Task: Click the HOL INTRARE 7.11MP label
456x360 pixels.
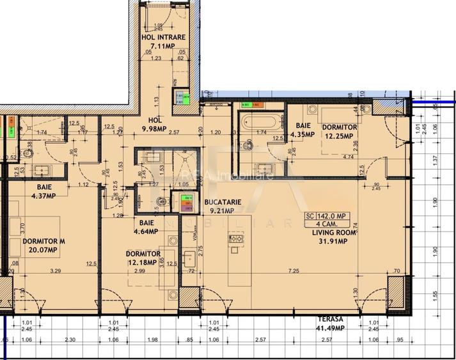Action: click(162, 42)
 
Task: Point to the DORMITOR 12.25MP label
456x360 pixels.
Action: click(339, 132)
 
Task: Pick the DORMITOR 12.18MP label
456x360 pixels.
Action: click(143, 258)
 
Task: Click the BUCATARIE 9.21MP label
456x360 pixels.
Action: click(223, 206)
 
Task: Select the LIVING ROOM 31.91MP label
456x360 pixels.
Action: click(329, 237)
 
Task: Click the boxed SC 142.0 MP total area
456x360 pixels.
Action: click(327, 216)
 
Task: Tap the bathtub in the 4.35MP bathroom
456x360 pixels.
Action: click(261, 121)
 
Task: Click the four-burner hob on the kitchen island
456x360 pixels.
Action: click(235, 239)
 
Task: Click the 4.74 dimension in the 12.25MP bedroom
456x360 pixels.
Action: click(348, 156)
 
